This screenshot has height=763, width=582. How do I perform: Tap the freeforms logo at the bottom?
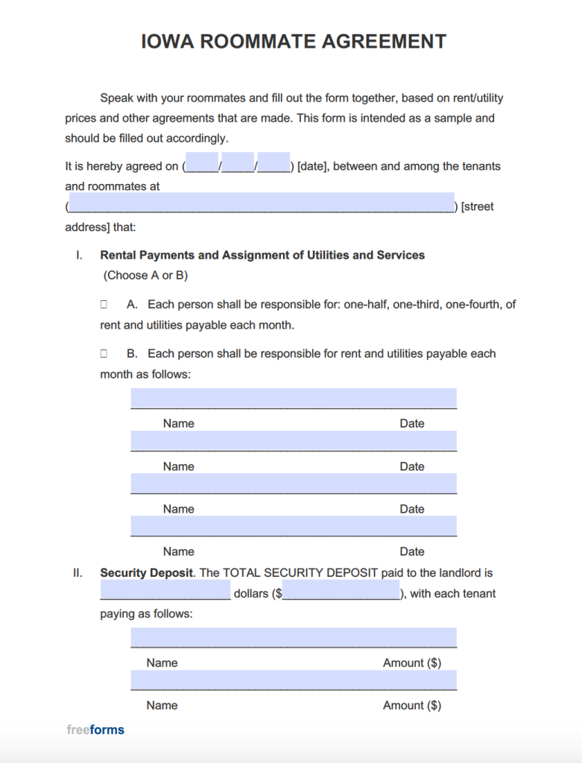coord(95,729)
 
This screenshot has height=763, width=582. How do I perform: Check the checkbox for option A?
coord(104,305)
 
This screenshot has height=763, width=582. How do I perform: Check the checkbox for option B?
coord(104,354)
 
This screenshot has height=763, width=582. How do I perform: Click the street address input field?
coord(261,203)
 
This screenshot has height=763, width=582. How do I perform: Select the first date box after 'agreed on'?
coord(202,162)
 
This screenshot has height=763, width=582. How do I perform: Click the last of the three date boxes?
coord(273,162)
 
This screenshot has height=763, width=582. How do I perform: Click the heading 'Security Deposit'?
coord(147,573)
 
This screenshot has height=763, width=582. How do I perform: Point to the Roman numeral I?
coord(78,255)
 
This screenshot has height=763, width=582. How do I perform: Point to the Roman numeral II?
coord(78,573)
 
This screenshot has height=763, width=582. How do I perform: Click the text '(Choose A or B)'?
coord(145,275)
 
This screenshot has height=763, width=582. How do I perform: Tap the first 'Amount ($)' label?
coord(411,662)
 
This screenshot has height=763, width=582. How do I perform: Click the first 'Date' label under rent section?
coord(411,423)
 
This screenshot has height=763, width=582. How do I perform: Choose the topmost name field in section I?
coord(294,398)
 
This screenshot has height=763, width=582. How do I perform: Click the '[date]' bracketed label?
coord(311,166)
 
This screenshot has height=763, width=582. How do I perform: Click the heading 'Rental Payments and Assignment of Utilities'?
coord(262,255)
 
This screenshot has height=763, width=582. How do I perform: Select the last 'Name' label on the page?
coord(162,705)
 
